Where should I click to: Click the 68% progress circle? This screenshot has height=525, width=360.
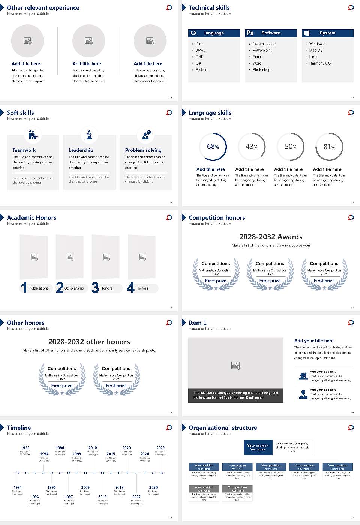[x=213, y=147]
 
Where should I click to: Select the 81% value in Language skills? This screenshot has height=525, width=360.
[x=329, y=147]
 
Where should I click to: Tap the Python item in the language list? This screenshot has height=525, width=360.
[x=201, y=70]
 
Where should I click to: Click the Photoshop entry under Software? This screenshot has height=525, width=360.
[x=261, y=70]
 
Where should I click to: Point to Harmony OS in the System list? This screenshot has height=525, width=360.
[x=320, y=63]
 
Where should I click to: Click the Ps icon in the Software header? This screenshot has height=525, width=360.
[x=250, y=33]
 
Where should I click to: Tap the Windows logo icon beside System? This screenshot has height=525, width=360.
[x=307, y=33]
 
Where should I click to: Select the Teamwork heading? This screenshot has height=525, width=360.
[x=24, y=150]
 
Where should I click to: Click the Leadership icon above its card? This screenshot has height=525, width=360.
[x=89, y=135]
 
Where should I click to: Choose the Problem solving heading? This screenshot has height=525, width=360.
[x=143, y=150]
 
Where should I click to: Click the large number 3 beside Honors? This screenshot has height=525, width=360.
[x=95, y=288]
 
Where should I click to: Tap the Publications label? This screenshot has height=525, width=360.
[x=39, y=288]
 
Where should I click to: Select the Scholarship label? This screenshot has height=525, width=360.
[x=74, y=288]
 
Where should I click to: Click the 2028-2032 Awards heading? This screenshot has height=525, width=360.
[x=271, y=237]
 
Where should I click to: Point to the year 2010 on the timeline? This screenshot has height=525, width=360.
[x=93, y=448]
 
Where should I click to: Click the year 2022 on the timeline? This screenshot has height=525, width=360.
[x=136, y=497]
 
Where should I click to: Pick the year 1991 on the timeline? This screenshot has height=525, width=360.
[x=18, y=488]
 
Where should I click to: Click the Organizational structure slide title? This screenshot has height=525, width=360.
[x=223, y=428]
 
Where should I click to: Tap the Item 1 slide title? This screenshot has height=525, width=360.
[x=198, y=323]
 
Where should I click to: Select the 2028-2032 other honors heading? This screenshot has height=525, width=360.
[x=89, y=342]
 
